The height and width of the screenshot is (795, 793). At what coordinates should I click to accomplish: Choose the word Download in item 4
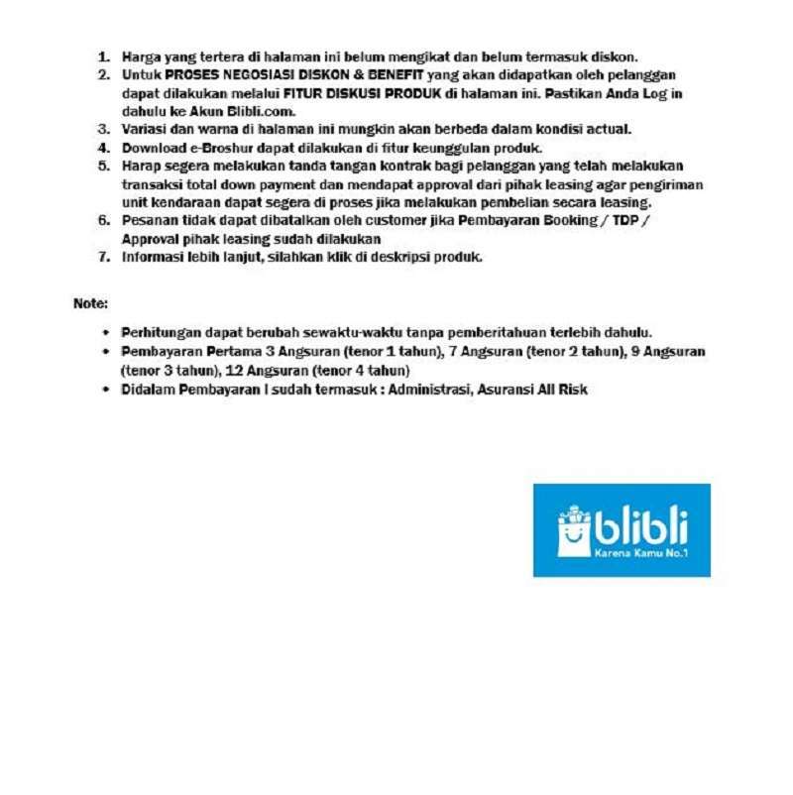[x=154, y=148]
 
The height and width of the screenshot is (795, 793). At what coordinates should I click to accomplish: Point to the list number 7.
[x=102, y=257]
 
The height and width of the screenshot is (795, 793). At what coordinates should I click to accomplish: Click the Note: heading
[x=90, y=302]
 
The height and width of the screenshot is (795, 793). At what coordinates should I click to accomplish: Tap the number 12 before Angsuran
[x=235, y=370]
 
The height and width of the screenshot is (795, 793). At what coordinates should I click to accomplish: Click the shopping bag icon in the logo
[x=574, y=531]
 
